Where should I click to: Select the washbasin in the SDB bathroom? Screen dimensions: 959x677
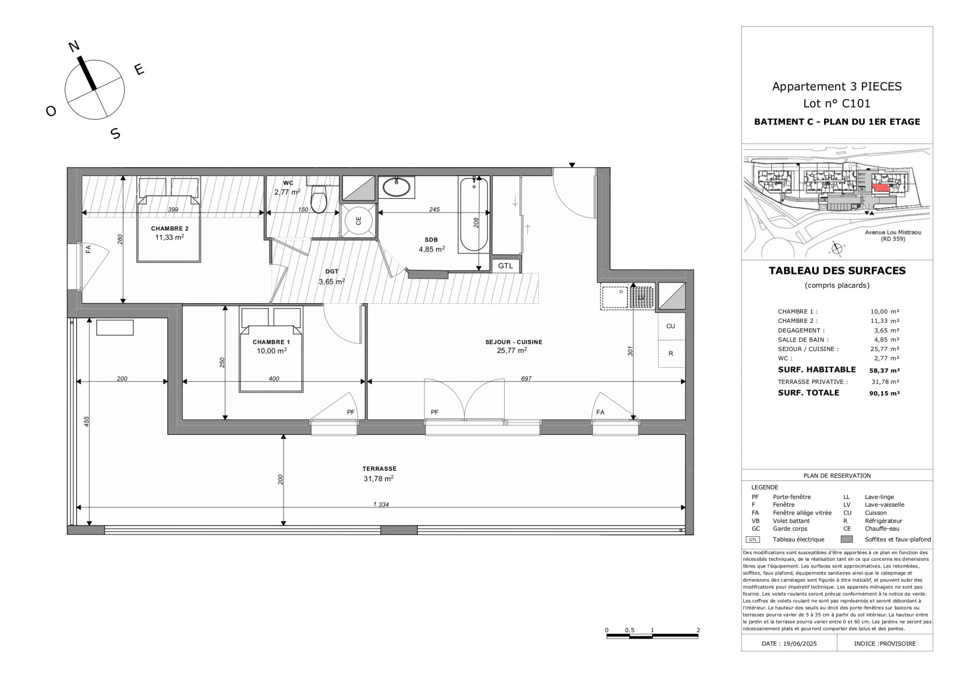pos(396,187)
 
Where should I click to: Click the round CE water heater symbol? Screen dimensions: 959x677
pos(359,220)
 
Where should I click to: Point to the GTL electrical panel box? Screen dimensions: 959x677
pos(506,266)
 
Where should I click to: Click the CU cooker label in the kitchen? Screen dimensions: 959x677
pos(671,326)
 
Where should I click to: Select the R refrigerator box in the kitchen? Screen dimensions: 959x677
pos(671,353)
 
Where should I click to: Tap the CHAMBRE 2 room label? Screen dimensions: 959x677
pos(170,228)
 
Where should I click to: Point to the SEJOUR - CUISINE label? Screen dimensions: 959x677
pos(514,342)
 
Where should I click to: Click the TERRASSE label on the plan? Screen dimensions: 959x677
pos(379,469)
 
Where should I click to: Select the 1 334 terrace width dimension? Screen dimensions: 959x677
pos(381,504)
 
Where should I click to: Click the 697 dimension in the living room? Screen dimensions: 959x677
pos(526,379)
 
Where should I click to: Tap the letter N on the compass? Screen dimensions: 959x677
pos(74,46)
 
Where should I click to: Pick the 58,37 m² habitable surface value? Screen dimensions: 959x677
pos(884,371)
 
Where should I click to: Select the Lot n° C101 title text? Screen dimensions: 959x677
pos(837,103)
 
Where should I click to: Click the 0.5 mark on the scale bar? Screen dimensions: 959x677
pos(629,630)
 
